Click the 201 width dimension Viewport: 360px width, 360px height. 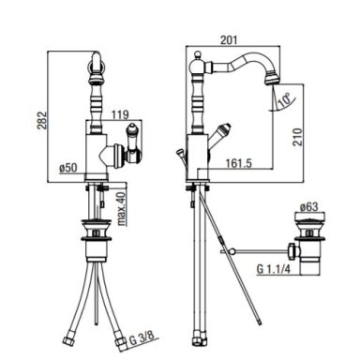click(229, 40)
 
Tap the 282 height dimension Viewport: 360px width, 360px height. click(42, 120)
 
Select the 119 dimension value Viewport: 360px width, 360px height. click(120, 114)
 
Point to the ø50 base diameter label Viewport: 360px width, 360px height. click(68, 168)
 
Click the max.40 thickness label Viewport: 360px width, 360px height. click(121, 208)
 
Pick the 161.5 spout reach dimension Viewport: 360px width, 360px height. click(239, 163)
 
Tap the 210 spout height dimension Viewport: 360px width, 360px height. click(298, 137)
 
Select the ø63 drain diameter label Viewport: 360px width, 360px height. click(309, 206)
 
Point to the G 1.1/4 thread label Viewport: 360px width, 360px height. click(274, 269)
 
